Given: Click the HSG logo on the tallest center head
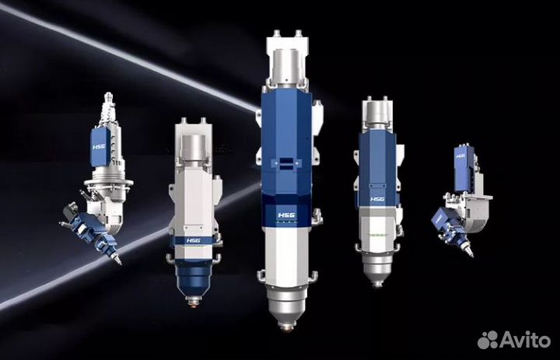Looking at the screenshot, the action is click(x=286, y=215).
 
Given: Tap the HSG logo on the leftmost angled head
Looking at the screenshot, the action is click(x=99, y=147).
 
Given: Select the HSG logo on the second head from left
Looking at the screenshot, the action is click(x=193, y=240).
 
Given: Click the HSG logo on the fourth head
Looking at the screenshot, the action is click(x=377, y=199).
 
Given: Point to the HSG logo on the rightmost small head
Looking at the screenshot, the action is click(x=460, y=156).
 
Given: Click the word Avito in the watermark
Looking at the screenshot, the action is click(x=525, y=339).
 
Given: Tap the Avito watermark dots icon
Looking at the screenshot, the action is click(x=488, y=340).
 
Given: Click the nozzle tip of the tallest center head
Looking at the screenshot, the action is click(x=286, y=327).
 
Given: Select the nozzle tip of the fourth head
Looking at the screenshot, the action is click(x=376, y=285).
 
